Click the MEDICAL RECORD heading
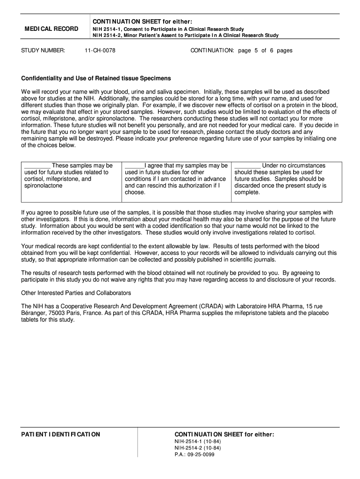point(51,29)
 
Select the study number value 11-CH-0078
point(100,51)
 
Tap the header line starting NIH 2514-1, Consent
point(168,29)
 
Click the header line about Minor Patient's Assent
point(185,35)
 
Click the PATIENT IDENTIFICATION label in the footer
point(60,435)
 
